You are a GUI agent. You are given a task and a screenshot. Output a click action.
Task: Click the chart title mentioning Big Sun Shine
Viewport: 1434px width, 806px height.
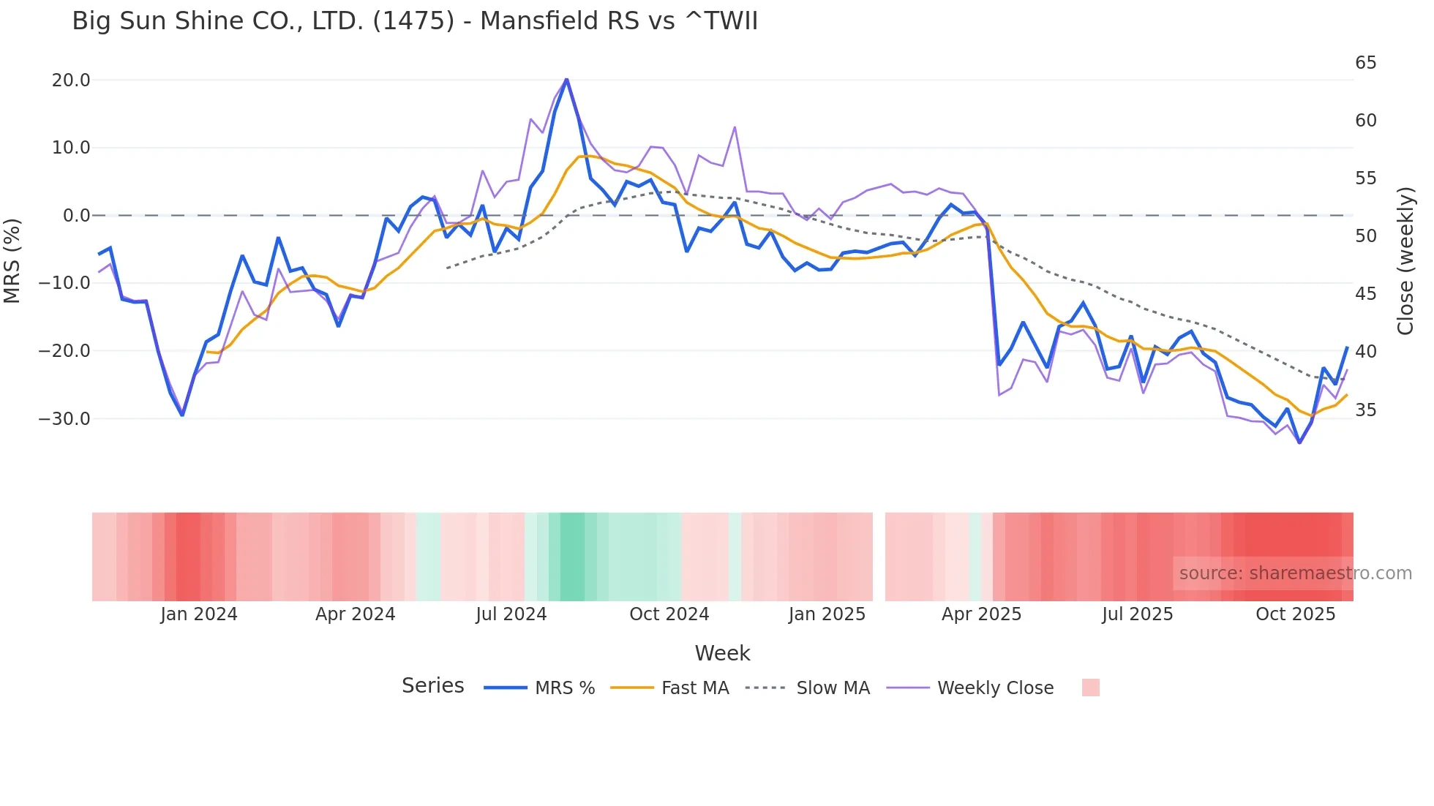tap(415, 20)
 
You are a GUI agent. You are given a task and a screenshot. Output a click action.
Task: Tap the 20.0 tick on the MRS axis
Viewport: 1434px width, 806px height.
tap(71, 80)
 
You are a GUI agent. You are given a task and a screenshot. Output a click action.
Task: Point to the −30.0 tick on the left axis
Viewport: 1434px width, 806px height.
tap(64, 419)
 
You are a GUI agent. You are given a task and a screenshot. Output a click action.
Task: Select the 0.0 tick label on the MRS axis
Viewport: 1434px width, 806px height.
tap(76, 216)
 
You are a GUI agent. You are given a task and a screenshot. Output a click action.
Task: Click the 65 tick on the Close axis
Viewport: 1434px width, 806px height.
tap(1365, 63)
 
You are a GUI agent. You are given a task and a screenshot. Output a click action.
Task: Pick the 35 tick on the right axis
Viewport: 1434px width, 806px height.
tap(1365, 410)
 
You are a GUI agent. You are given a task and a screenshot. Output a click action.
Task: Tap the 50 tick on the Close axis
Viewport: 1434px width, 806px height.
tap(1365, 236)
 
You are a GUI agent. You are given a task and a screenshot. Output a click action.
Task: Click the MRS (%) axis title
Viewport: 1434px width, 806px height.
tap(12, 260)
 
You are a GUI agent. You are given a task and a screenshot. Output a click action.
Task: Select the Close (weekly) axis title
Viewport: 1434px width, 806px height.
tap(1405, 260)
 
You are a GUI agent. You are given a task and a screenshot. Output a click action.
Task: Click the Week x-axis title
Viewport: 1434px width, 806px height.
tap(722, 653)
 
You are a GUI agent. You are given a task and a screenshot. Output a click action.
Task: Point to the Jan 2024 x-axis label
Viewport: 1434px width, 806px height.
tap(199, 614)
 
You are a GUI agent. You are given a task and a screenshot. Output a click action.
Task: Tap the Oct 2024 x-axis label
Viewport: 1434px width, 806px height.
tap(669, 614)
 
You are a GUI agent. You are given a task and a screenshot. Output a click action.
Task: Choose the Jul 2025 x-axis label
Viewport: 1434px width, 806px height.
tap(1137, 614)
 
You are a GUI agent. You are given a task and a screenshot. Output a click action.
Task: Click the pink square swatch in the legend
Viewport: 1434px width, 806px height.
tap(1090, 688)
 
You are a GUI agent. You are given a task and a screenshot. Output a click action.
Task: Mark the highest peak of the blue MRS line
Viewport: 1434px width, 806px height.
tap(566, 80)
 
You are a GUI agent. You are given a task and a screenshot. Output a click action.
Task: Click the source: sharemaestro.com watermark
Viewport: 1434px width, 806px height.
tap(1295, 573)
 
